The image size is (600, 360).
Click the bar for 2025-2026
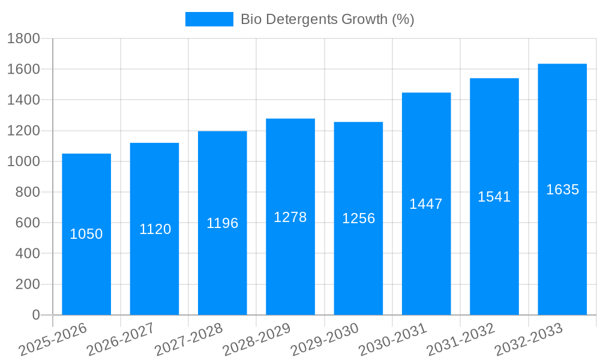point(86,270)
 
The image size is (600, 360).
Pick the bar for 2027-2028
point(222,270)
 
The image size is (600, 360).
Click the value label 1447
point(426,204)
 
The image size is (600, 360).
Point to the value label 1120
point(155,229)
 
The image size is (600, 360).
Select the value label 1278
point(290,217)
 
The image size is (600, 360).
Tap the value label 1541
point(494,197)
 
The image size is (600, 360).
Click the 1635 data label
point(562,190)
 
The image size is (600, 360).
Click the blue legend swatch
point(209,19)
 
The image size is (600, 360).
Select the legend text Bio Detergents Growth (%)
point(328,19)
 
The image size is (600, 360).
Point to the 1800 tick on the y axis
point(23,39)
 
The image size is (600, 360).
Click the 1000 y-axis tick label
point(23,161)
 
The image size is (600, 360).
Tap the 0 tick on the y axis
point(35,315)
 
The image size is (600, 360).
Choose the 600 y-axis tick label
point(26,223)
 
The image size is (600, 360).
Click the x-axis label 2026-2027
point(121,340)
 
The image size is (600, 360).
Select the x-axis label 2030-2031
point(393,340)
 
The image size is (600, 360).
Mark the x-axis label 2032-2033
point(529,340)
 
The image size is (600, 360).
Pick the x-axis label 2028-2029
point(257,340)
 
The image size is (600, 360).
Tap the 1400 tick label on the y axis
point(23,100)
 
